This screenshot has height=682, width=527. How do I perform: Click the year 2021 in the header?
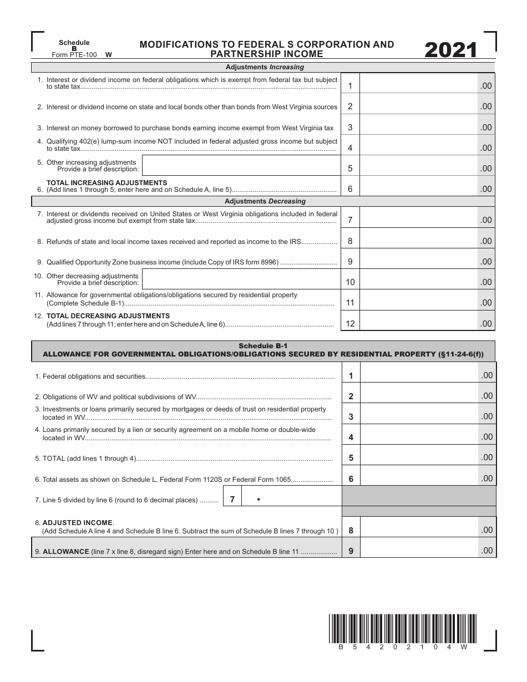[x=450, y=50]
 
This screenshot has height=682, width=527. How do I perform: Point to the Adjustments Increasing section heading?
[x=265, y=67]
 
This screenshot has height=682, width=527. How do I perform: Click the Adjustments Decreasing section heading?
[x=265, y=201]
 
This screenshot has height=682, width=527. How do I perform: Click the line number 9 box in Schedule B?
[x=350, y=261]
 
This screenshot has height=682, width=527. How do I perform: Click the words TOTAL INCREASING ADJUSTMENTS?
[x=107, y=182]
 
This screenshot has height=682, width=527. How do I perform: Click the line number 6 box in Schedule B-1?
[x=351, y=479]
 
